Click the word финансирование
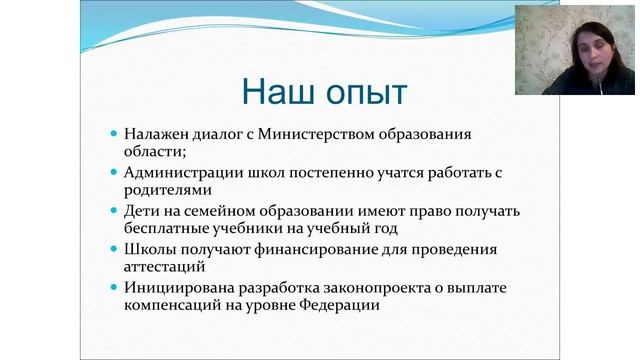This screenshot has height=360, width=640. tap(325, 249)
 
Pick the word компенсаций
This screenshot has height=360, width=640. tap(178, 307)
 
